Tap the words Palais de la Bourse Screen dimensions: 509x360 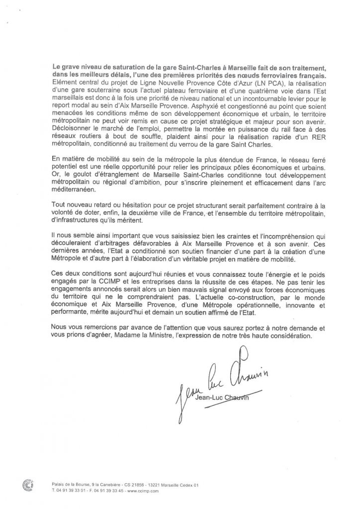click(69, 485)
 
